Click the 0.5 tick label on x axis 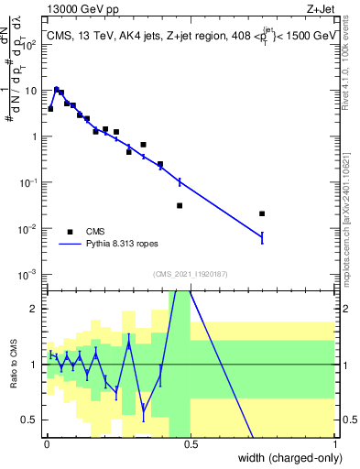[191, 442]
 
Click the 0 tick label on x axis [47, 442]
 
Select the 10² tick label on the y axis [28, 44]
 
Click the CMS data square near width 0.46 [180, 205]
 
